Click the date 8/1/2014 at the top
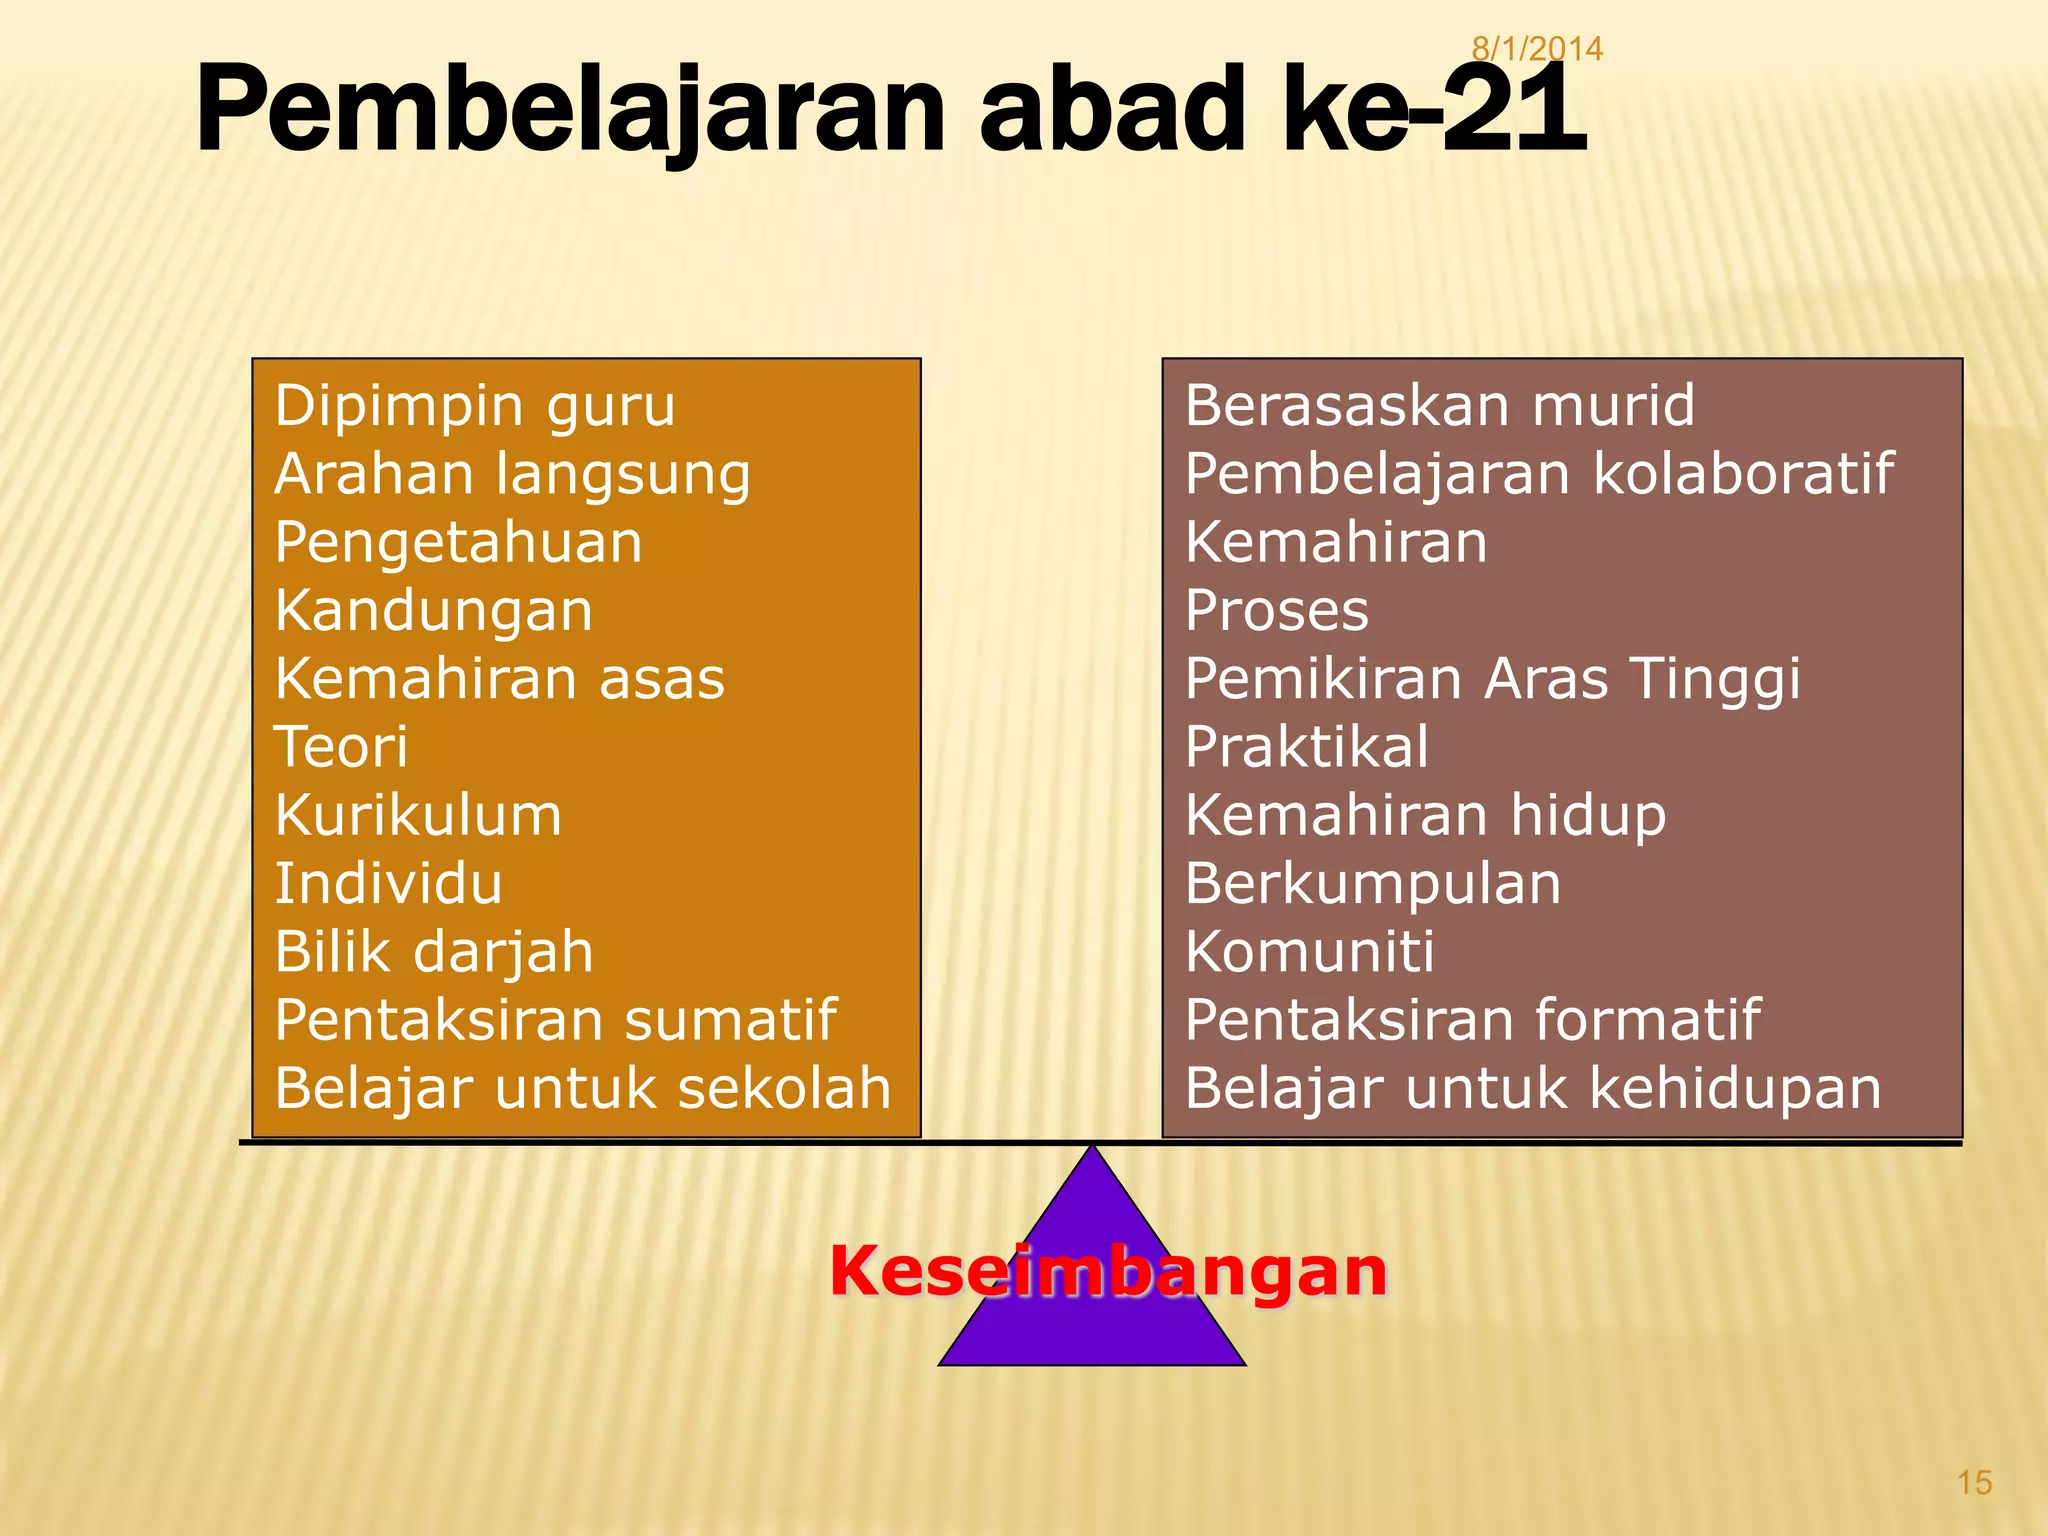click(1537, 48)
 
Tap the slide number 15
click(1974, 1482)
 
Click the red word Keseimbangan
click(1108, 1271)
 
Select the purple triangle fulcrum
click(1092, 1330)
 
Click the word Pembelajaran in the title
click(570, 110)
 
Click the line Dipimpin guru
click(475, 406)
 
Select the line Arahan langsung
click(512, 474)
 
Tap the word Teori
click(341, 747)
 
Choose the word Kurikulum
click(418, 815)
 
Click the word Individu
click(388, 884)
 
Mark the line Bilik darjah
click(434, 952)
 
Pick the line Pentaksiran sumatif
click(555, 1020)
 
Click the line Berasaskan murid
click(1440, 406)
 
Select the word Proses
click(1277, 611)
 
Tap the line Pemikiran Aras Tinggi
click(1493, 679)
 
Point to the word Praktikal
click(1307, 747)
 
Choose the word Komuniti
click(1310, 952)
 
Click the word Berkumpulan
click(1373, 884)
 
